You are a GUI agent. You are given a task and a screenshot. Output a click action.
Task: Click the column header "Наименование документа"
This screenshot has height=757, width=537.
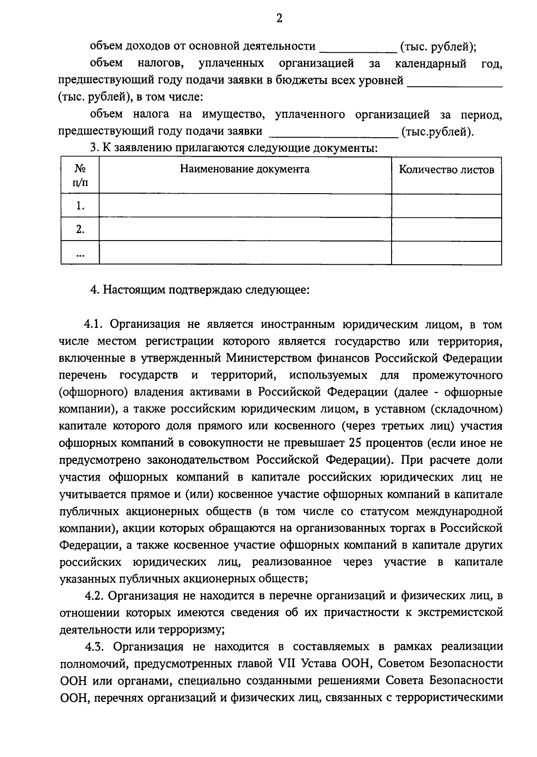point(244,169)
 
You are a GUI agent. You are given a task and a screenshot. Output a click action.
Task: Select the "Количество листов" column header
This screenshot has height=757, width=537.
point(446,170)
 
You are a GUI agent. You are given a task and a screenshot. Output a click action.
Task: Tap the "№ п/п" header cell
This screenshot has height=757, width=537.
point(80,176)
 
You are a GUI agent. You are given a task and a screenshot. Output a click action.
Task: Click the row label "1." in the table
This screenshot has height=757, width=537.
point(80,206)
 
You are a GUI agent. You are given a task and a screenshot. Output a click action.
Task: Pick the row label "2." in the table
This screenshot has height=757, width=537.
point(80,230)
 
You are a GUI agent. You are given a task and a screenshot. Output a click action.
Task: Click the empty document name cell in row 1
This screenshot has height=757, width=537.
point(245,206)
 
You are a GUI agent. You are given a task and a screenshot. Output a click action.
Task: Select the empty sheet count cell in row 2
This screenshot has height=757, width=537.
point(446,230)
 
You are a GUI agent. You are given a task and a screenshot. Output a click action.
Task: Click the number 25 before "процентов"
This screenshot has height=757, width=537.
point(352,443)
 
